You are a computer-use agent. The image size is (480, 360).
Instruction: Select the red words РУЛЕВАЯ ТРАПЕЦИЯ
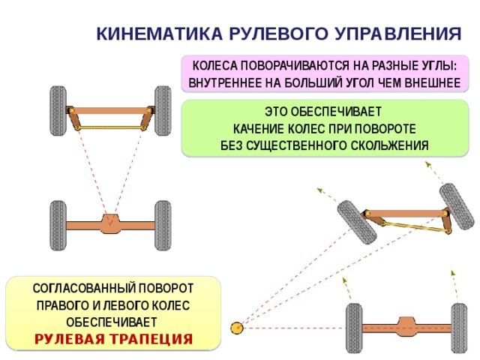(113, 339)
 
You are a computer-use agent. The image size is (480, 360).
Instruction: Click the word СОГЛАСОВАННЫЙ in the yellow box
(83, 288)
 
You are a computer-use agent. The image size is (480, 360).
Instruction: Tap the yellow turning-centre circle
(237, 328)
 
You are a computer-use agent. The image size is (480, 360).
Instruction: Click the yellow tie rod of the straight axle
(110, 127)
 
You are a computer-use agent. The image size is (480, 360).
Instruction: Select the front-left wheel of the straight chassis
(58, 111)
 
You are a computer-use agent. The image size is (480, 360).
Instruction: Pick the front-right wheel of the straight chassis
(163, 111)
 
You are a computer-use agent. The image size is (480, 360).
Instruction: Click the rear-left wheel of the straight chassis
(58, 226)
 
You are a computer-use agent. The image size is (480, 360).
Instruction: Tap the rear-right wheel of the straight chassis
(163, 226)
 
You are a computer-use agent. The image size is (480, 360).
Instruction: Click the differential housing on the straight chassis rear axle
(110, 223)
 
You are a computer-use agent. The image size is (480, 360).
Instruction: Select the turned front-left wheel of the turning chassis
(357, 222)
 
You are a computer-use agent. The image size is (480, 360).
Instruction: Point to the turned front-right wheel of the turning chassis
(457, 206)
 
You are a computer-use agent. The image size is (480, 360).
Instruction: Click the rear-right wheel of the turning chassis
(459, 328)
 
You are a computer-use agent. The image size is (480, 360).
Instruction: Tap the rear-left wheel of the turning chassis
(354, 328)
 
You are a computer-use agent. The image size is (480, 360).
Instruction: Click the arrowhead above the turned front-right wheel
(427, 164)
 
